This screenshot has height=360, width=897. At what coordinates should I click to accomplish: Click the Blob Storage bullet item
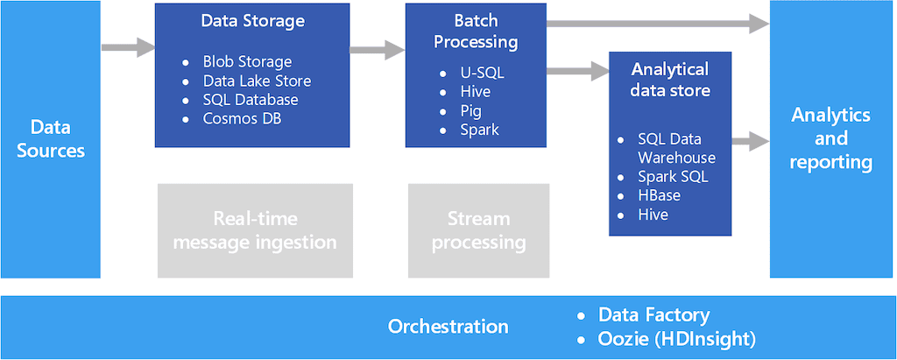coord(247,61)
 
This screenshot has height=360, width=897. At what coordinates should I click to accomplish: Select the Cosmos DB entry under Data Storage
coord(243,118)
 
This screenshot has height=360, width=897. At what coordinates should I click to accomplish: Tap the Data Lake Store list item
coord(257,81)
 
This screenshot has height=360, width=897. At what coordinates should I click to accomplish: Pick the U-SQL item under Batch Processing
coord(482,73)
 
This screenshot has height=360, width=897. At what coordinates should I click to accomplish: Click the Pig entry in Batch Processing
coord(470,110)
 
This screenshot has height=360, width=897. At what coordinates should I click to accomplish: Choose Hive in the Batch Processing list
coord(475,91)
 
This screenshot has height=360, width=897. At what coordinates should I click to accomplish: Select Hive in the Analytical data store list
coord(653,214)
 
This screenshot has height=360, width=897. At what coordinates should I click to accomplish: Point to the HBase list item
coord(659,195)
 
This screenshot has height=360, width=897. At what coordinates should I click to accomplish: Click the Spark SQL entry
coord(673,176)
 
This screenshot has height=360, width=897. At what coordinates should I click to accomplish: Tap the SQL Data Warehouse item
coord(675,149)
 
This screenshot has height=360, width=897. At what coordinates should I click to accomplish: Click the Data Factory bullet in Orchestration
coord(653,314)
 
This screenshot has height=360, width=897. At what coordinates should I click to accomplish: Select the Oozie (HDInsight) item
coord(676,338)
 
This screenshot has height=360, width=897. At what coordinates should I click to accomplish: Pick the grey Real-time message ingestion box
coord(254,229)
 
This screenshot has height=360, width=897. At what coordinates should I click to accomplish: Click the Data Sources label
coord(52,138)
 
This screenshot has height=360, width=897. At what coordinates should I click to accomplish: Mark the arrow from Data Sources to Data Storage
coord(127,47)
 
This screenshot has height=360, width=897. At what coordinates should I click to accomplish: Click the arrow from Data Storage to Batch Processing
coord(377,50)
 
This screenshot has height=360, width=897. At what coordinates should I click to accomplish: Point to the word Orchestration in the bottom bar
coord(448,327)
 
